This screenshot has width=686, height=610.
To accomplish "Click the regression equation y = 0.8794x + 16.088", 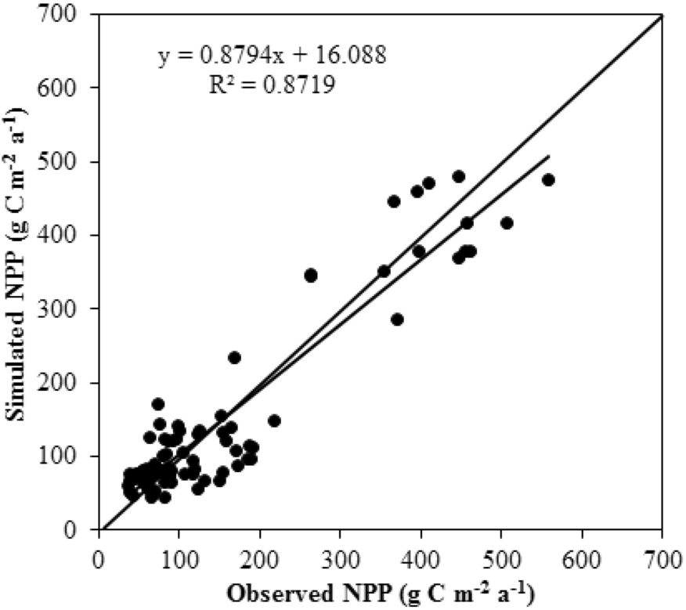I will [272, 56].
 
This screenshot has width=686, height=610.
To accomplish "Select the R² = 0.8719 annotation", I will [272, 84].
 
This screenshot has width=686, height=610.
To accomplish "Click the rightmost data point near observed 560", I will [548, 180].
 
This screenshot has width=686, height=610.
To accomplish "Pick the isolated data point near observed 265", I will [311, 275].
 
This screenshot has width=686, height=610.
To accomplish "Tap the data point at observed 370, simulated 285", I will [397, 319].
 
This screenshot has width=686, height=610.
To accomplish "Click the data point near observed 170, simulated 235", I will [234, 357].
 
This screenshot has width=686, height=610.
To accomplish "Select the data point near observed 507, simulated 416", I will [507, 223].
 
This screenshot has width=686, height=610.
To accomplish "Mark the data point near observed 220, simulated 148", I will [274, 421].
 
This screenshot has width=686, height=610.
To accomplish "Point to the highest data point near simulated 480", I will [459, 176].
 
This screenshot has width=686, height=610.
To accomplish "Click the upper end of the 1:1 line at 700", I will [663, 15].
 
